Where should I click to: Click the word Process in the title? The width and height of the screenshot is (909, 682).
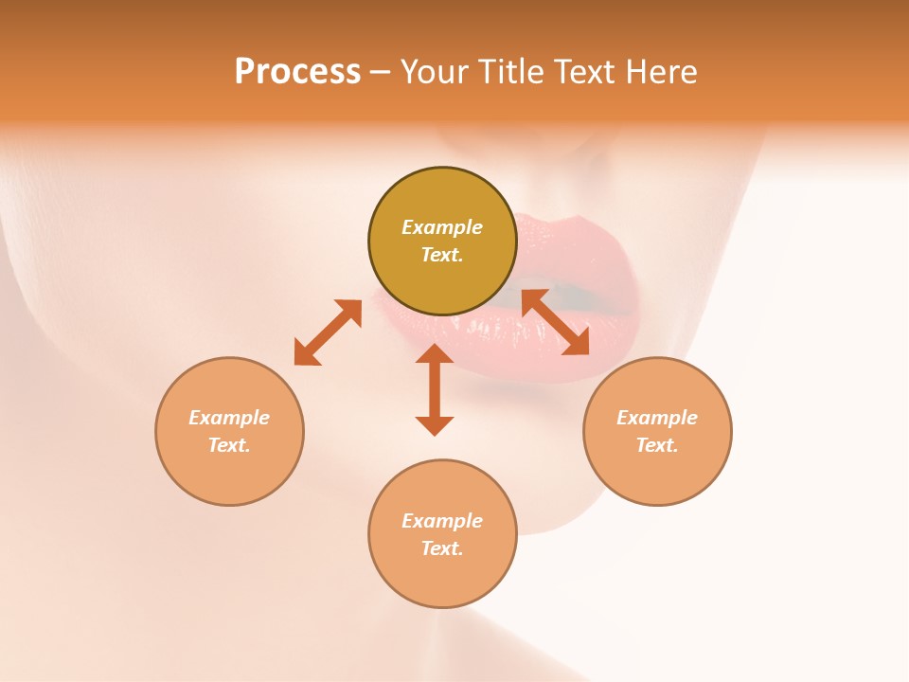(297, 72)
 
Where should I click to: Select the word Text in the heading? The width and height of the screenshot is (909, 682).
(582, 72)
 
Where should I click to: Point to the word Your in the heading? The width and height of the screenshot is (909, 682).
(435, 72)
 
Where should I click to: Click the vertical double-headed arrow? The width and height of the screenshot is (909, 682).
(435, 389)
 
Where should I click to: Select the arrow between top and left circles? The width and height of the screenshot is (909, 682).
(328, 332)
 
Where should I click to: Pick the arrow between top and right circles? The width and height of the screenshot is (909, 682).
(556, 322)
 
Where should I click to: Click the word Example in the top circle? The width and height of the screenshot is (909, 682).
(442, 227)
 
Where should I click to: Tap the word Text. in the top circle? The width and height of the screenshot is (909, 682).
(442, 255)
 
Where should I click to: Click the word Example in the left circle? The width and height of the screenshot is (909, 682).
(229, 418)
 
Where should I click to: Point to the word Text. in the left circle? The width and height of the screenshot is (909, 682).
(229, 445)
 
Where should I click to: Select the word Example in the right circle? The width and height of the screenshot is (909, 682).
(657, 418)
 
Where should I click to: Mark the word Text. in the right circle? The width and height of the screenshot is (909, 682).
(657, 445)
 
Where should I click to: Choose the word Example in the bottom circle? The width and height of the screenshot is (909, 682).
(442, 521)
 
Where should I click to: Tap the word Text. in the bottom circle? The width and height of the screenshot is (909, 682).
(442, 548)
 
